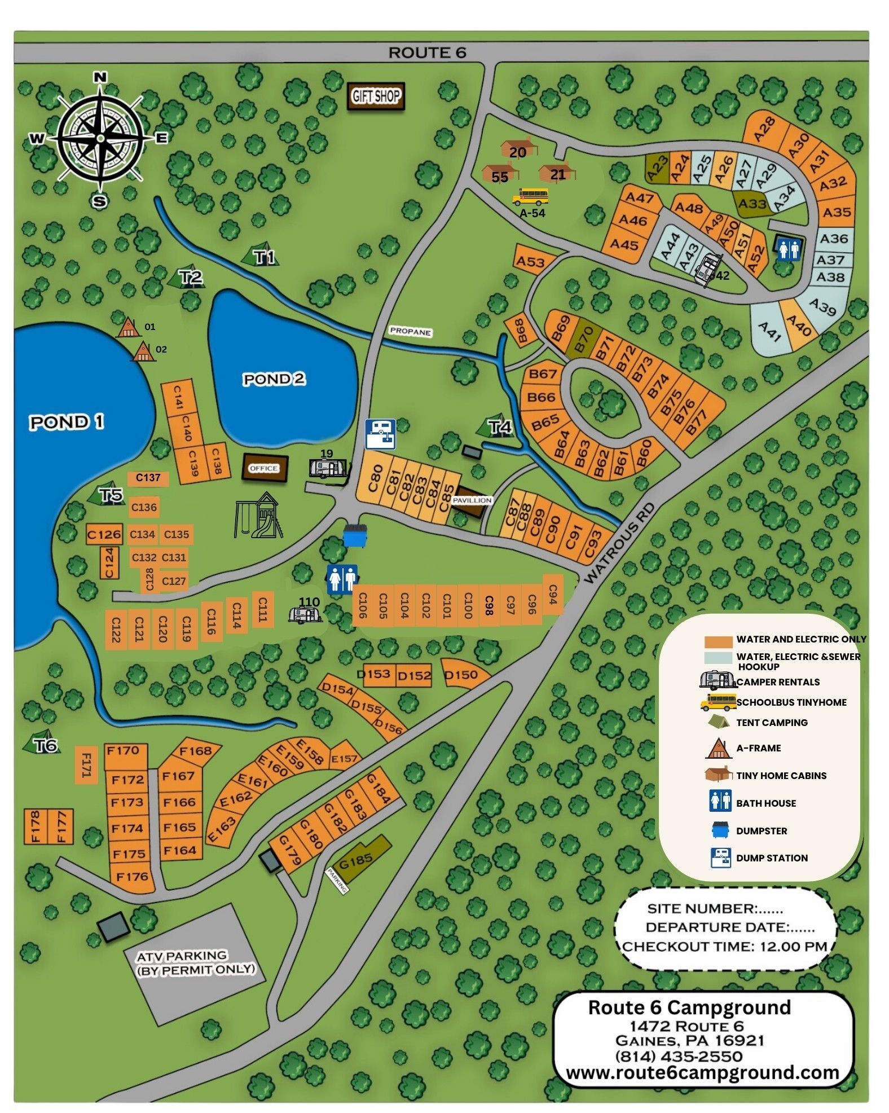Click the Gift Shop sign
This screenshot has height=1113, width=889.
(375, 96)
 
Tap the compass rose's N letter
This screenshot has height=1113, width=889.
(100, 77)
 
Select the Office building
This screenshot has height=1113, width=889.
(264, 468)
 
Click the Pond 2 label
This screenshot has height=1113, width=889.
(274, 379)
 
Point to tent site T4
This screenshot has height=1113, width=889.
(499, 427)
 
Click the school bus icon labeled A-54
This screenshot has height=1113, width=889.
(530, 197)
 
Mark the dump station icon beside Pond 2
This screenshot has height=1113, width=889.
(380, 434)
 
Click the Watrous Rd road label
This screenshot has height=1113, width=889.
(618, 543)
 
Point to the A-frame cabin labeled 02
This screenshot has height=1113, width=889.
(144, 351)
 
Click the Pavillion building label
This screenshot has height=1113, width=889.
(472, 500)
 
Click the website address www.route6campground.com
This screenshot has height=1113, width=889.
(702, 1072)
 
